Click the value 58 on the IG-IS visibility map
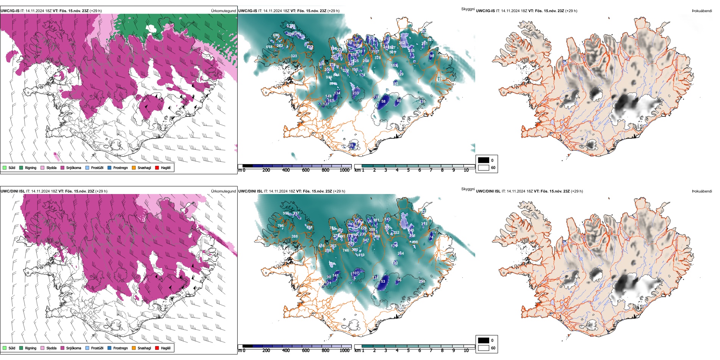pyautogui.click(x=383, y=102)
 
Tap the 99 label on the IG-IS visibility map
pyautogui.click(x=351, y=146)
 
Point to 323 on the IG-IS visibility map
pyautogui.click(x=294, y=56)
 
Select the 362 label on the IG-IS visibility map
pyautogui.click(x=402, y=43)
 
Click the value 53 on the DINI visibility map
pyautogui.click(x=383, y=282)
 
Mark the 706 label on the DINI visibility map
pyautogui.click(x=280, y=226)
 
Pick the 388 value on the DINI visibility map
pyautogui.click(x=294, y=236)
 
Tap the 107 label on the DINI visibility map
pyautogui.click(x=355, y=273)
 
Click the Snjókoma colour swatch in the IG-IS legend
pyautogui.click(x=63, y=168)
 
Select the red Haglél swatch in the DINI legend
pyautogui.click(x=157, y=348)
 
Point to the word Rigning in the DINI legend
pyautogui.click(x=31, y=348)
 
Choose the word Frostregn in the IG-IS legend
pyautogui.click(x=121, y=168)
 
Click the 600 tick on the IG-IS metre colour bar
pyautogui.click(x=305, y=171)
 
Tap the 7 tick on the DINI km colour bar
pyautogui.click(x=431, y=351)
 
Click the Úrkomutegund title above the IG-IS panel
pyautogui.click(x=223, y=11)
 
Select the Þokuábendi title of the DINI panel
pyautogui.click(x=702, y=191)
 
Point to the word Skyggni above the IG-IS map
pyautogui.click(x=468, y=9)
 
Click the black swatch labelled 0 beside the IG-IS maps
pyautogui.click(x=484, y=160)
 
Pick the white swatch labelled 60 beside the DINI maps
pyautogui.click(x=484, y=348)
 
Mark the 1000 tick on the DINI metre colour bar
pyautogui.click(x=344, y=351)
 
